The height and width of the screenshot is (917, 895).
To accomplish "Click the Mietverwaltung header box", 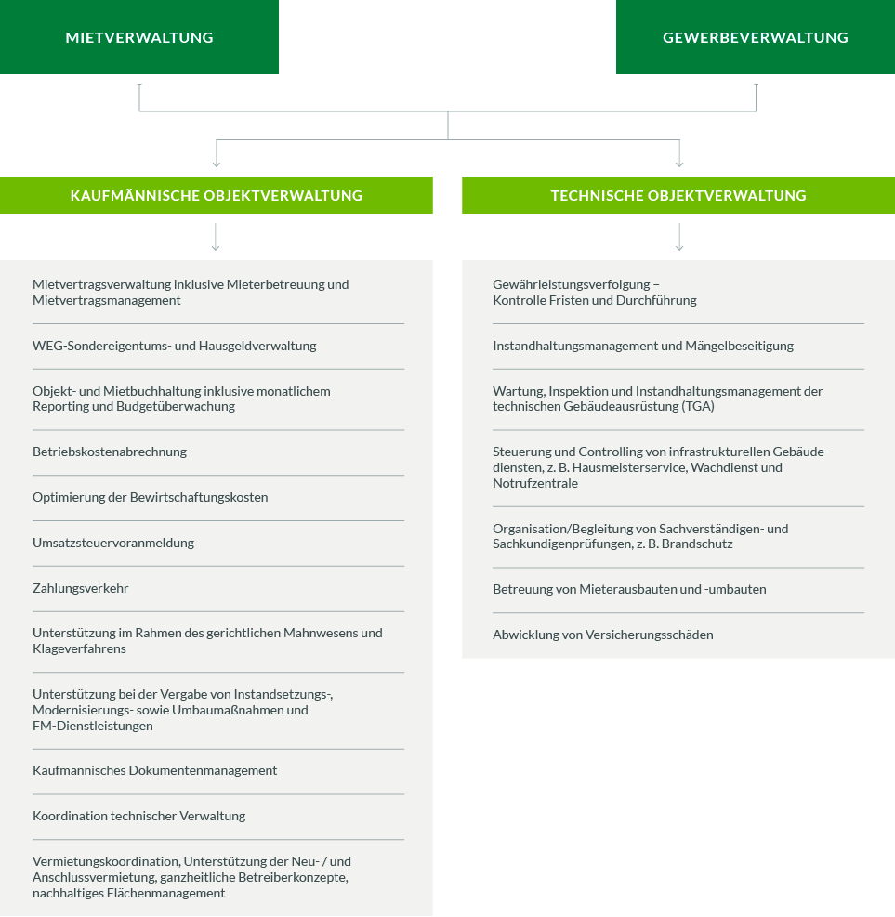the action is click(x=139, y=37).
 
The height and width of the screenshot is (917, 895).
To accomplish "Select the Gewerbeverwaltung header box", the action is click(x=756, y=37).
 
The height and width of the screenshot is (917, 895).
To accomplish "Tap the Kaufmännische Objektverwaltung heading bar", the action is click(x=217, y=195).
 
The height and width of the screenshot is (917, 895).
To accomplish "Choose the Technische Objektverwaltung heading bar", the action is click(x=678, y=195).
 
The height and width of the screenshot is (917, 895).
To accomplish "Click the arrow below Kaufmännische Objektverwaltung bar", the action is click(x=216, y=237).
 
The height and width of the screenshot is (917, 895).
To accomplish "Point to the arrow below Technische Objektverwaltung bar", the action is click(x=679, y=237).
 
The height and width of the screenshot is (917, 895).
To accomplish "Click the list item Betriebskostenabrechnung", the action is click(x=110, y=452).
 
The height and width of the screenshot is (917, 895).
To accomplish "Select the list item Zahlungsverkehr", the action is click(x=81, y=588).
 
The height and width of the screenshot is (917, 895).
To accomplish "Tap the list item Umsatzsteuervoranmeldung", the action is click(x=113, y=543).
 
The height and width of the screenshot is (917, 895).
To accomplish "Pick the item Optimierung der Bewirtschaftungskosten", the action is click(x=151, y=498).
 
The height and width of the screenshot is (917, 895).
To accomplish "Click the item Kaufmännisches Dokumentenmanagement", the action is click(x=155, y=771).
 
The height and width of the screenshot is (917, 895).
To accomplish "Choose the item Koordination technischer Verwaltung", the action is click(x=139, y=817).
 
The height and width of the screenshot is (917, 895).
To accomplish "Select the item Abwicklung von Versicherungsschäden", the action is click(x=603, y=635).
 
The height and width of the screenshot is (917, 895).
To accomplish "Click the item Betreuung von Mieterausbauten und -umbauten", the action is click(x=629, y=589).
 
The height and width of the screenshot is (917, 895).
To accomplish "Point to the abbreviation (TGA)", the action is click(x=698, y=406).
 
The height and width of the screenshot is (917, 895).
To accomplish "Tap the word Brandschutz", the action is click(x=697, y=544).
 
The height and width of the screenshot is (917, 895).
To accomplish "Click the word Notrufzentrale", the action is click(x=535, y=484).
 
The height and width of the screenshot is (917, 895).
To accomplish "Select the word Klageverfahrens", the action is click(x=80, y=649).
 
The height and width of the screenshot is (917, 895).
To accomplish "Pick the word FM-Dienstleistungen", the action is click(x=93, y=727).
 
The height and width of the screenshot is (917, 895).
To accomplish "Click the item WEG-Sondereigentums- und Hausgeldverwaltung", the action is click(x=175, y=347).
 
